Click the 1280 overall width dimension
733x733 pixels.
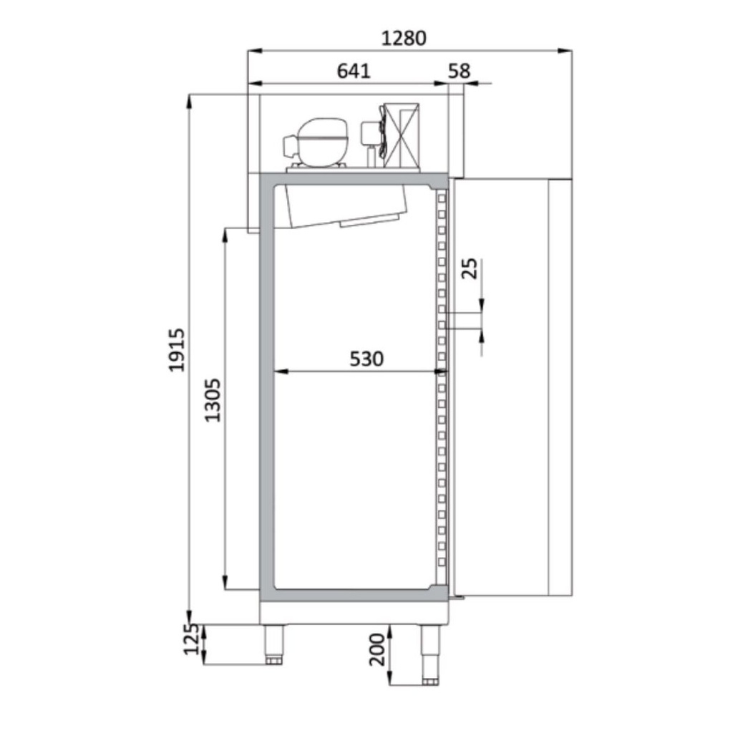click(x=404, y=39)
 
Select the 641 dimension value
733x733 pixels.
click(x=354, y=71)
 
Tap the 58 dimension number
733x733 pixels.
click(x=459, y=71)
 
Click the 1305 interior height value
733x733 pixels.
click(x=213, y=400)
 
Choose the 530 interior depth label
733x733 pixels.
click(x=366, y=359)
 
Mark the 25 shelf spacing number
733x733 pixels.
click(x=470, y=268)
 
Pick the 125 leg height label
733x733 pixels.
click(x=190, y=639)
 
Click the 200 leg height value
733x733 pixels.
click(x=377, y=649)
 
